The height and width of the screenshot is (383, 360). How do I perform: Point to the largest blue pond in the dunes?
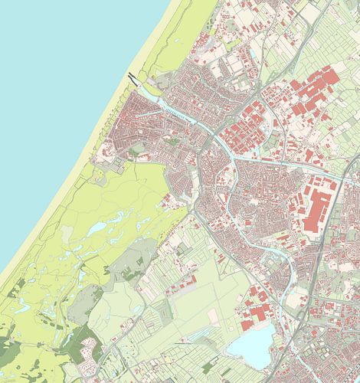(x=97, y=229)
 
